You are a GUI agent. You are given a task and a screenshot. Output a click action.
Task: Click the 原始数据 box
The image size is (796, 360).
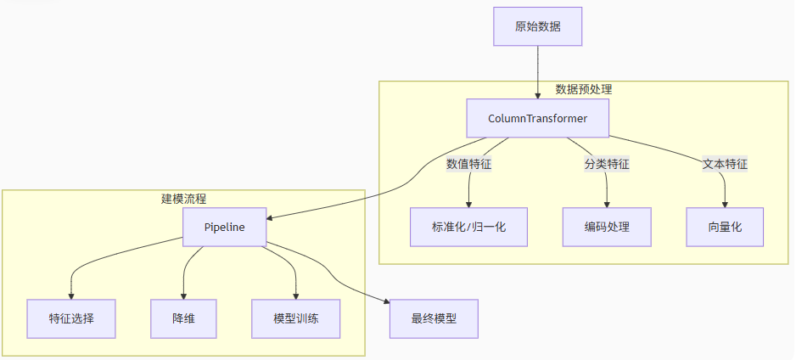[x=537, y=26]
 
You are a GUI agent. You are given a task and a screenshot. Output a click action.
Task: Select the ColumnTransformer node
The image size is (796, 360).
[x=537, y=118]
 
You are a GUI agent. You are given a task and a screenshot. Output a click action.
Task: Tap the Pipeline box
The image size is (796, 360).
[x=224, y=228]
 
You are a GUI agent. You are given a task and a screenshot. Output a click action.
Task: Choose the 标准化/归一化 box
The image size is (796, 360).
[x=468, y=227]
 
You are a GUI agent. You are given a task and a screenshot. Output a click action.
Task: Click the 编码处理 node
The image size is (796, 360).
[x=606, y=227]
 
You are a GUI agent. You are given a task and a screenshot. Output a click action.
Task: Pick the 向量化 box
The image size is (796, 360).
[x=725, y=227]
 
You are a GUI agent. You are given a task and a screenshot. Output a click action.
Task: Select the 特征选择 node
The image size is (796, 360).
[x=71, y=319]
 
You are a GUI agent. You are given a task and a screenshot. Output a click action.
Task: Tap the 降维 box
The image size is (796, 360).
[x=183, y=319]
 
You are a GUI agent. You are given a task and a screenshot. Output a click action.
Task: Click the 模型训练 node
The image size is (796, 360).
[x=295, y=319]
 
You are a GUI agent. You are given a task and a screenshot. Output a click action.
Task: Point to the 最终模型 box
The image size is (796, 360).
[x=434, y=319]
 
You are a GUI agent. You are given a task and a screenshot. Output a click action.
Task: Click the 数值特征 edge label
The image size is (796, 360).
[x=468, y=164]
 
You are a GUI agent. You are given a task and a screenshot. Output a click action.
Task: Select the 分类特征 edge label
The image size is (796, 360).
[x=606, y=164]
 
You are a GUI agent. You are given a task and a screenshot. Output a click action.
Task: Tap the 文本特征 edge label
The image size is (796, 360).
[x=725, y=164]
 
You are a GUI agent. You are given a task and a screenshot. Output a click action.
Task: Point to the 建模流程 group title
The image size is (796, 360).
[x=183, y=199]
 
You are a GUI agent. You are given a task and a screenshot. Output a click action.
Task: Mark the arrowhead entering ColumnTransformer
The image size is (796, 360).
[x=537, y=95]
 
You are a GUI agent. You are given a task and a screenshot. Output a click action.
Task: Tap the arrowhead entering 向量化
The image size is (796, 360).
[x=725, y=203]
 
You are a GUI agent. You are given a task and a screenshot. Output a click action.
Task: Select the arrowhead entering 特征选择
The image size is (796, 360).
[x=71, y=295]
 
